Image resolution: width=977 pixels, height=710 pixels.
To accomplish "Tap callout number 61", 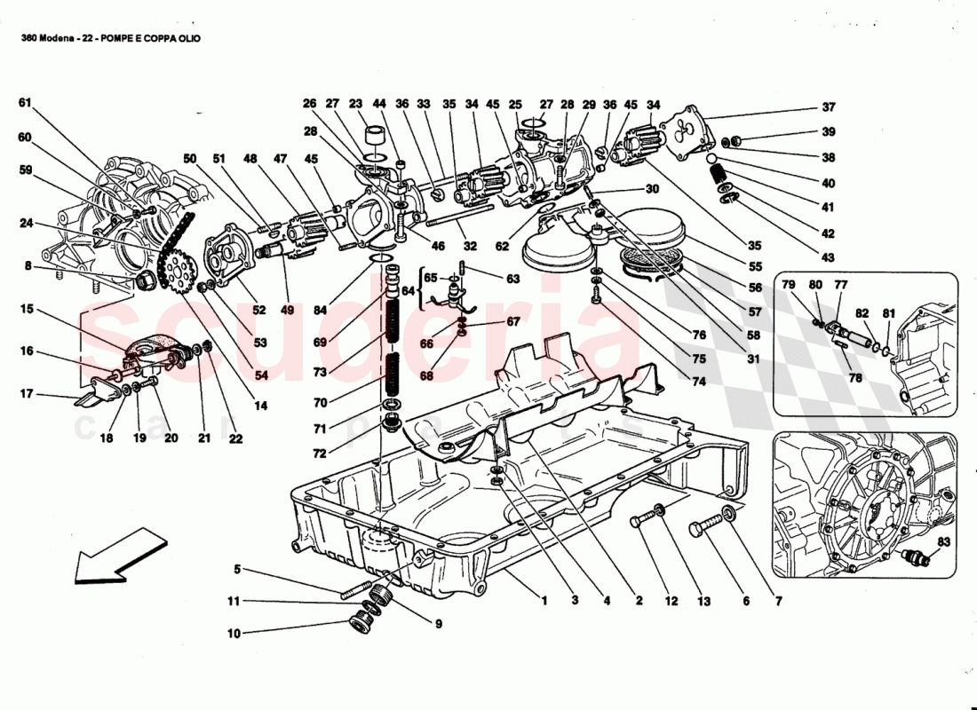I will (25, 104).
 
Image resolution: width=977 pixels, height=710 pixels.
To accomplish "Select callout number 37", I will (829, 108).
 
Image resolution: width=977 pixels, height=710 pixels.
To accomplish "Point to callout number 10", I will (234, 635).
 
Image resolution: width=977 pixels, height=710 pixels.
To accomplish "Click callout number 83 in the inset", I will (943, 541).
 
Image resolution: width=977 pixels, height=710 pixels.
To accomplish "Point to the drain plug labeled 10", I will (362, 622).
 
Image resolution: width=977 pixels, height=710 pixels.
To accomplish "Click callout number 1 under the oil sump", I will (544, 601).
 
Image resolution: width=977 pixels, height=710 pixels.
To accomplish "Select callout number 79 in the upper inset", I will (788, 285).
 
